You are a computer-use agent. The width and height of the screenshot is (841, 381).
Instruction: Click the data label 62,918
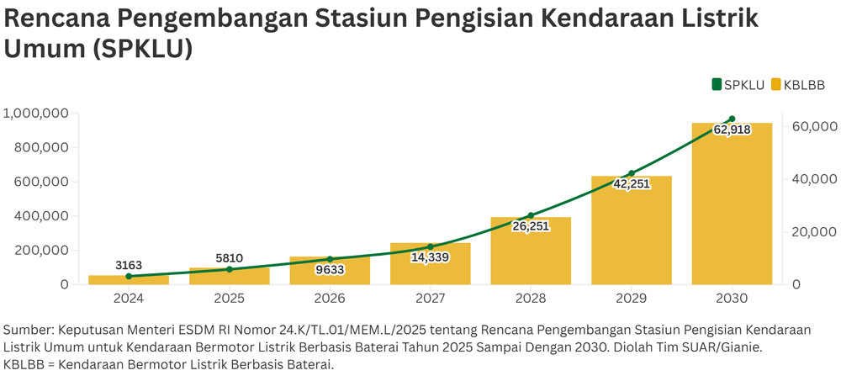pyautogui.click(x=732, y=130)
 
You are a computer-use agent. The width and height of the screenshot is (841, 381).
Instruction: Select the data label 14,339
pyautogui.click(x=431, y=257)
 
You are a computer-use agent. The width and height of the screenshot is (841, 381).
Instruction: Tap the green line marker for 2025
pyautogui.click(x=230, y=269)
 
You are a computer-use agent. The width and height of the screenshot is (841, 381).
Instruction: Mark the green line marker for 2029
pyautogui.click(x=632, y=173)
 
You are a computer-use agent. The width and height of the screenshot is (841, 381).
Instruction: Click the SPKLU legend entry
pyautogui.click(x=738, y=84)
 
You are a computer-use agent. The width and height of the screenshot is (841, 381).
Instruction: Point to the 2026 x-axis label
pyautogui.click(x=330, y=299)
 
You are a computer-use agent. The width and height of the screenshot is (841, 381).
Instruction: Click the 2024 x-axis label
pyautogui.click(x=129, y=299)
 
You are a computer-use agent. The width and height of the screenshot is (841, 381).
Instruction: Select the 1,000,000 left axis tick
pyautogui.click(x=35, y=113)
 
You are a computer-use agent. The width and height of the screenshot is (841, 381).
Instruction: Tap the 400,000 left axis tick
pyautogui.click(x=40, y=216)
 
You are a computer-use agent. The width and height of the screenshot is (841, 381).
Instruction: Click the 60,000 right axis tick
pyautogui.click(x=813, y=126)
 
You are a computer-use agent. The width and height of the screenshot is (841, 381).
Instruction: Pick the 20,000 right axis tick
pyautogui.click(x=813, y=231)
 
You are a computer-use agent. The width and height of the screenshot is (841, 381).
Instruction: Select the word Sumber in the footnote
pyautogui.click(x=28, y=331)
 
